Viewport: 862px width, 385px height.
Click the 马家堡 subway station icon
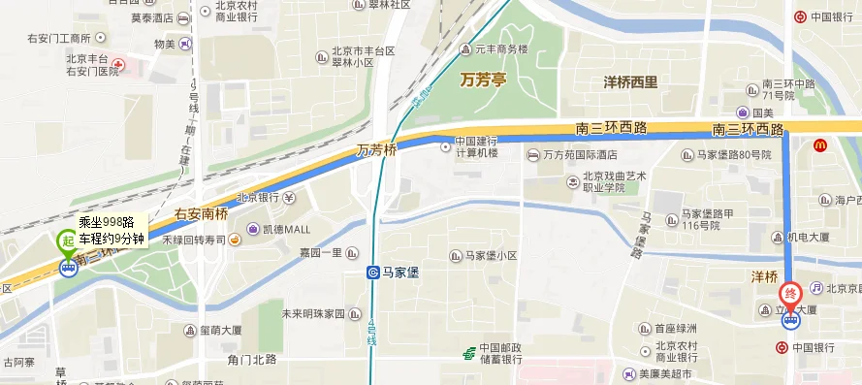pos(373,273)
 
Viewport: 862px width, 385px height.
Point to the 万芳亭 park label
pos(484,79)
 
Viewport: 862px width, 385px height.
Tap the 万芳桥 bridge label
pos(376,150)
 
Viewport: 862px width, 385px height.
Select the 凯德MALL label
pos(286,229)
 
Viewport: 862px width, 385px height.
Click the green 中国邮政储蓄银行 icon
pos(468,351)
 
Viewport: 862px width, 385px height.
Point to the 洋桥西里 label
pos(630,82)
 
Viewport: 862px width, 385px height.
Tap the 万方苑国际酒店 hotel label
pos(580,155)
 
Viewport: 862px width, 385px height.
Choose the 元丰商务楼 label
pos(499,49)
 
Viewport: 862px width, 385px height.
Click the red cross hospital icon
pos(118,66)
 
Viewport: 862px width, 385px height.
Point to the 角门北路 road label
pos(252,359)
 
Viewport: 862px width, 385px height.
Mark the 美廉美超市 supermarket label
pos(665,374)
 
